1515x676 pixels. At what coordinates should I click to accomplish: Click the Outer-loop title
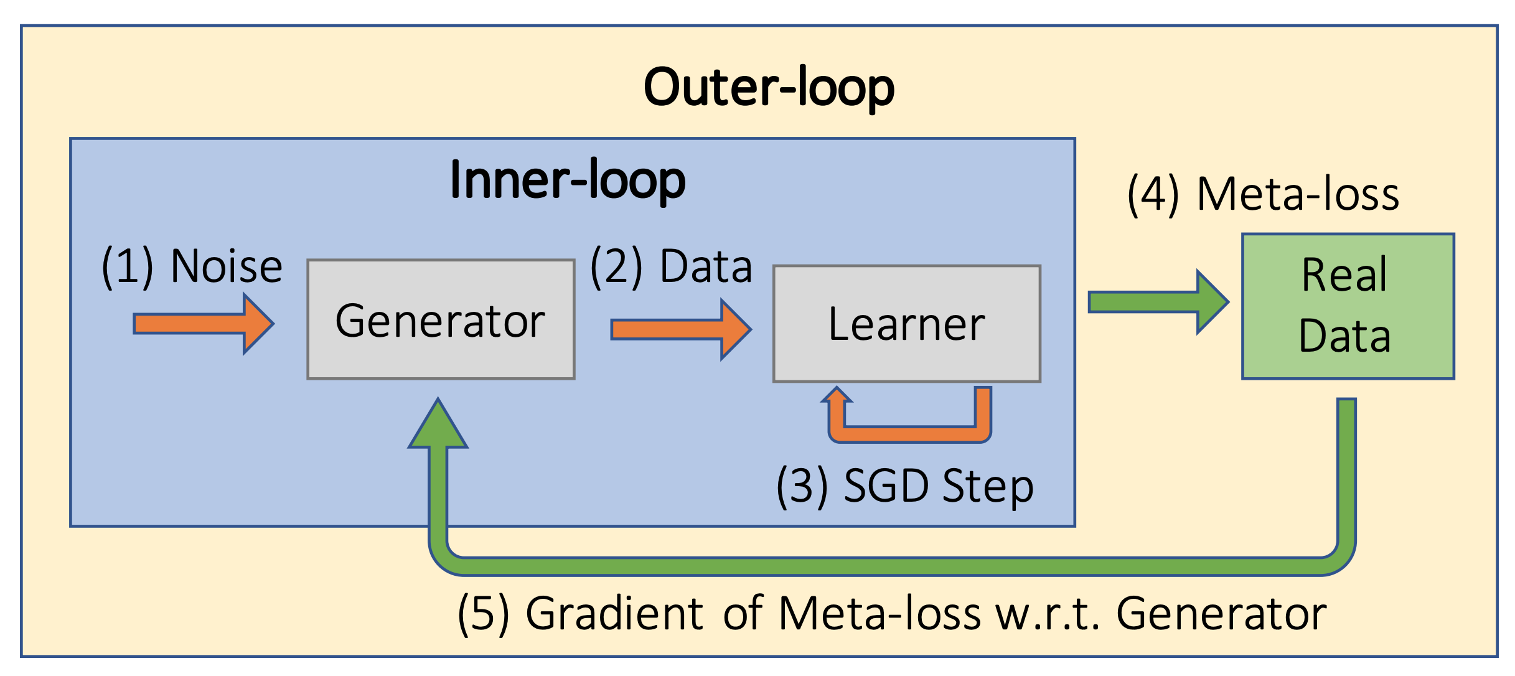(x=769, y=88)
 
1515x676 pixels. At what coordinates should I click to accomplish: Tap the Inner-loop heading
(x=568, y=181)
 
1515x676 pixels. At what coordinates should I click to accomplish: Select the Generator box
(x=441, y=319)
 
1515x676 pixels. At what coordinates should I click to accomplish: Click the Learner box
(x=907, y=324)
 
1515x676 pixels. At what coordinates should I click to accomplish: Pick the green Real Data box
(x=1348, y=306)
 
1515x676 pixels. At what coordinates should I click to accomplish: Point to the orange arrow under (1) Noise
(x=204, y=324)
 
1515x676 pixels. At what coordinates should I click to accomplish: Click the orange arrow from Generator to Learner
(x=682, y=329)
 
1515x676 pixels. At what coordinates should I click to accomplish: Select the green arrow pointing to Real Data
(x=1158, y=302)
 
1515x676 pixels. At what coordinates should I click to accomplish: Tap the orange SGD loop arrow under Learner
(x=909, y=434)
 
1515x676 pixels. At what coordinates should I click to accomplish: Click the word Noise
(x=227, y=266)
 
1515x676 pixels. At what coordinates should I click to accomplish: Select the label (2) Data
(x=671, y=266)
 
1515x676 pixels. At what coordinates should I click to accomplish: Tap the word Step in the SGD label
(x=988, y=487)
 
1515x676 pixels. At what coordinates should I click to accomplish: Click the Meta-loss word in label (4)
(x=1298, y=195)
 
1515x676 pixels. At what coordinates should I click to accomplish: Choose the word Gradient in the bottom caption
(x=614, y=614)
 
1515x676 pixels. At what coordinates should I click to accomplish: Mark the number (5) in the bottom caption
(x=484, y=614)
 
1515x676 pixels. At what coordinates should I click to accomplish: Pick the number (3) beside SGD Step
(x=802, y=487)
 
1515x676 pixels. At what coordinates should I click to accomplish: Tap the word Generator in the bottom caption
(x=1221, y=614)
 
